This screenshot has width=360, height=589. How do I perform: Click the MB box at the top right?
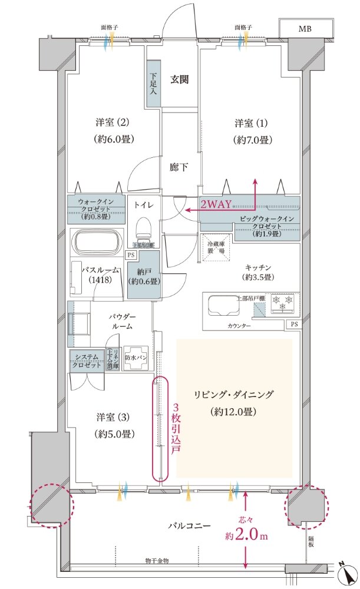[305, 28]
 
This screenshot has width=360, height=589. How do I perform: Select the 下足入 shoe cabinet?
[153, 84]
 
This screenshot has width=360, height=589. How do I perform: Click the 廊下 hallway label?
[179, 167]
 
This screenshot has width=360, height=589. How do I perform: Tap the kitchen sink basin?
[220, 305]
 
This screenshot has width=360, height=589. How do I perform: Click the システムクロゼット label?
[87, 360]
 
